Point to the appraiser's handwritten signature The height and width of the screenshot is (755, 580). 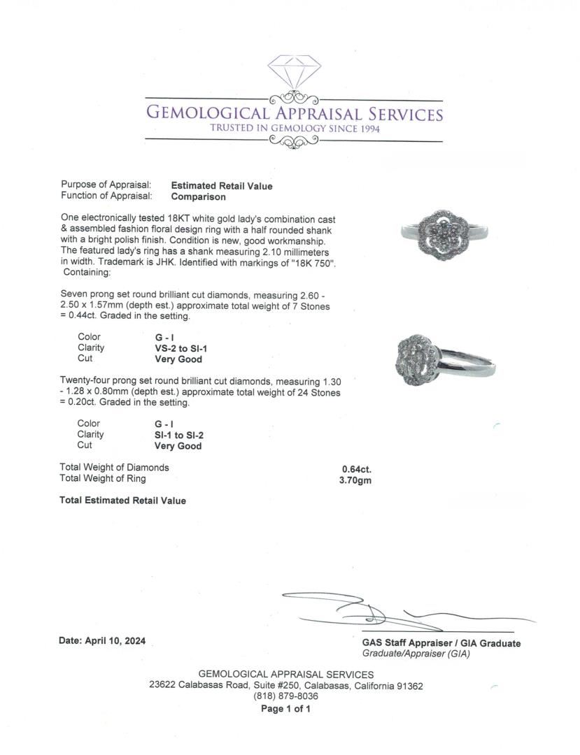(x=392, y=612)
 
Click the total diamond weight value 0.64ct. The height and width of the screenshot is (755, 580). (x=356, y=468)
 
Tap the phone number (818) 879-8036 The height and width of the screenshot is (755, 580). (x=285, y=696)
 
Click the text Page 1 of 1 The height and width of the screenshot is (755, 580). (x=285, y=708)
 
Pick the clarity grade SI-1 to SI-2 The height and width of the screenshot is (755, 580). (x=179, y=435)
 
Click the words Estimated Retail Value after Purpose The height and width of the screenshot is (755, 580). (x=222, y=186)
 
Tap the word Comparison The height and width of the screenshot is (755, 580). (x=198, y=196)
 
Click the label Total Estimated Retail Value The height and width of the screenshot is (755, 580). (x=123, y=501)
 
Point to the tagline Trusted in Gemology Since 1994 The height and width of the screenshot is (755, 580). (x=295, y=128)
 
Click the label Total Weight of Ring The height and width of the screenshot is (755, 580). (x=103, y=479)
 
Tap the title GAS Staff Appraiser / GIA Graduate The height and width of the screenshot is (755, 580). (x=441, y=643)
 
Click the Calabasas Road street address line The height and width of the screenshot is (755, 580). (x=285, y=686)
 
